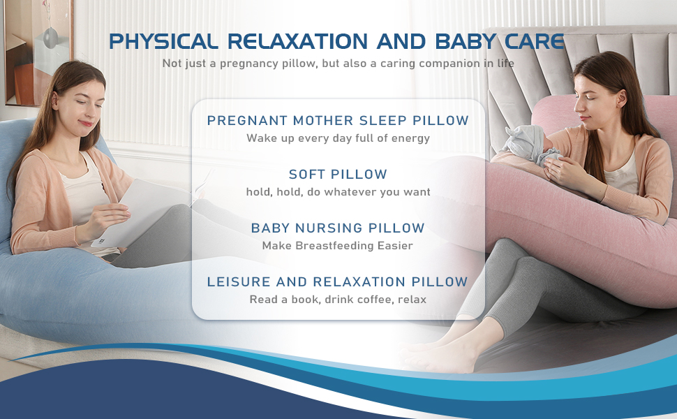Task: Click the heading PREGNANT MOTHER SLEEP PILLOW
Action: click(x=338, y=121)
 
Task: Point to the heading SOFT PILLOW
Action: click(x=338, y=174)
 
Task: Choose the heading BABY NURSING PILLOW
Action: click(x=338, y=228)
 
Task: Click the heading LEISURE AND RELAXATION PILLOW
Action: click(x=338, y=282)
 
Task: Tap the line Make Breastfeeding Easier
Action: click(x=338, y=246)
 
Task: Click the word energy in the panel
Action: click(x=410, y=138)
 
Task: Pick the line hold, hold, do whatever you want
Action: click(x=338, y=192)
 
